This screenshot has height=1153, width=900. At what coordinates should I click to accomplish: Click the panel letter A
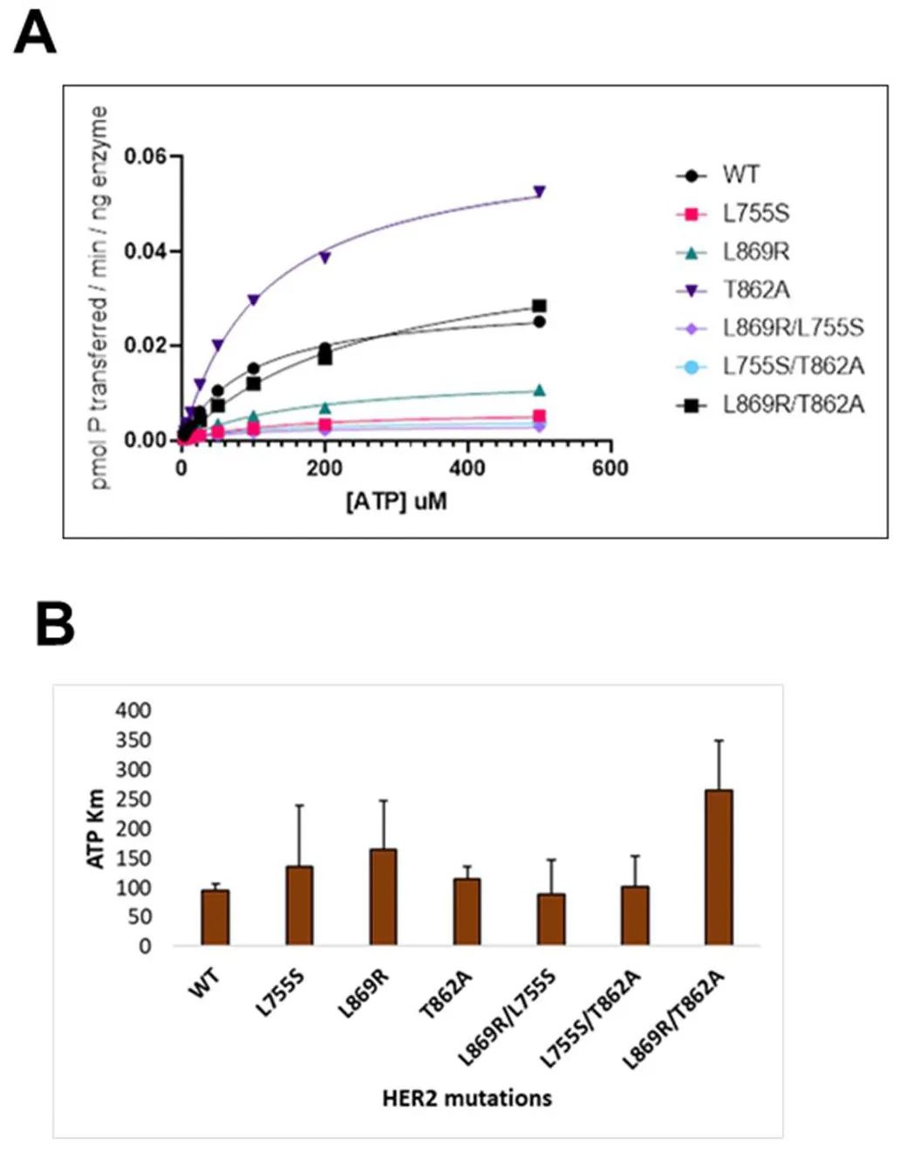click(x=36, y=36)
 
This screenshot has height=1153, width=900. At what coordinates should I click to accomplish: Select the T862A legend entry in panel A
click(x=755, y=290)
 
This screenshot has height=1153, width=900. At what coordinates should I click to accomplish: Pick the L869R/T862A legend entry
click(x=793, y=404)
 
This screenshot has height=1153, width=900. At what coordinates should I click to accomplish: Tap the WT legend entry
click(x=740, y=175)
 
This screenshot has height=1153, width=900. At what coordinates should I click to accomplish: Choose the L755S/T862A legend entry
click(x=793, y=366)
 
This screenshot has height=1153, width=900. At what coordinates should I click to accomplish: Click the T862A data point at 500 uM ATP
click(x=539, y=191)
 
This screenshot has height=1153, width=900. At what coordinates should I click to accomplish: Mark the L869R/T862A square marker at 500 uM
click(x=539, y=306)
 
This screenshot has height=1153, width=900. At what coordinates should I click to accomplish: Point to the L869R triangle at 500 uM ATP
click(x=539, y=390)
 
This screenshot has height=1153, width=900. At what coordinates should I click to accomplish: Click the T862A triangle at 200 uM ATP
click(x=324, y=257)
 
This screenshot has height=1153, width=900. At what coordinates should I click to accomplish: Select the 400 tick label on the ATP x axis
click(x=467, y=469)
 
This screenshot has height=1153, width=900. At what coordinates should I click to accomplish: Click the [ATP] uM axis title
click(x=397, y=502)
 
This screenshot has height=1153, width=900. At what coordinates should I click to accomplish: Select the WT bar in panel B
click(x=215, y=916)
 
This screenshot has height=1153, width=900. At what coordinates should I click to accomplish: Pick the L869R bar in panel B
click(x=383, y=896)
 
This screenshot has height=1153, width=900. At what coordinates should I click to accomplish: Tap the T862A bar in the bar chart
click(x=467, y=911)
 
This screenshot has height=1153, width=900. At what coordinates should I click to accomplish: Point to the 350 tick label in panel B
click(x=133, y=740)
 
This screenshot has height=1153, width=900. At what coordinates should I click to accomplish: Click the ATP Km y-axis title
click(x=96, y=828)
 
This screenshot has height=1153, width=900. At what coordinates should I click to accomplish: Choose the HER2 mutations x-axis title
click(x=467, y=1097)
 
